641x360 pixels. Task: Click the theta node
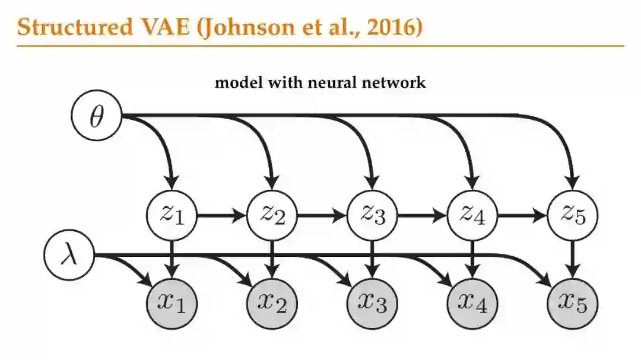pos(96,117)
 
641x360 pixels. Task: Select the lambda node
pos(70,256)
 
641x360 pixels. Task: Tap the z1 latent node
pos(172,215)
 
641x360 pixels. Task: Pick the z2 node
pos(272,215)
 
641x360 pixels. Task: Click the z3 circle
pos(372,215)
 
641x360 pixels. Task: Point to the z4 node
pos(472,215)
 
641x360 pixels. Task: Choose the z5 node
pos(572,215)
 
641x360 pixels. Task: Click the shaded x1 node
pos(172,304)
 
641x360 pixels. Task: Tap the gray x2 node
pos(272,304)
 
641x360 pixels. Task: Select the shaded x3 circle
pos(372,304)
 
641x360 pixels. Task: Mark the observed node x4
pos(472,304)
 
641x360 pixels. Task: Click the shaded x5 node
pos(572,304)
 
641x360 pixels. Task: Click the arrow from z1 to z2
pos(221,215)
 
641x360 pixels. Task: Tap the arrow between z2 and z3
pos(322,215)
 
